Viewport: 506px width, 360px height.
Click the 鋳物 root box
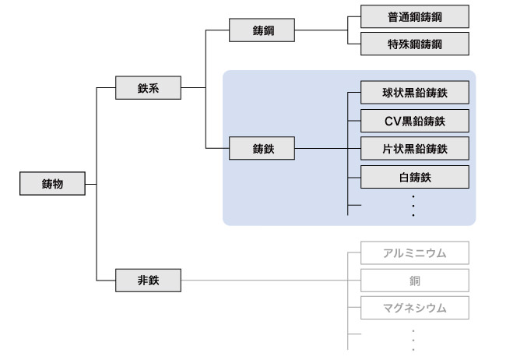[52, 185]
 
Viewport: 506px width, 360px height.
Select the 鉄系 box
[148, 88]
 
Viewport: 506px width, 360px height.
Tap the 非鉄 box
[148, 280]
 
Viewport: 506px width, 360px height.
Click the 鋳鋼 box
[262, 31]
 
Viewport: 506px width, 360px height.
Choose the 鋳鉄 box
[262, 148]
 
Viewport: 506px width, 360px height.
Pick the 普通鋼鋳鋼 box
[415, 16]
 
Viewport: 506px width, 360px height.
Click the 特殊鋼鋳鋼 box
[415, 44]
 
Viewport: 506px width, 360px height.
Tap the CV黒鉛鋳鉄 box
[415, 121]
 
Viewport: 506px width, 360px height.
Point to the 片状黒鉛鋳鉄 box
[415, 148]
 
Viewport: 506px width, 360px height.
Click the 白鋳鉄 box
[415, 176]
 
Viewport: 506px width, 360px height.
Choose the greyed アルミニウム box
[415, 252]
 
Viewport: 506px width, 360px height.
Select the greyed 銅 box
[415, 280]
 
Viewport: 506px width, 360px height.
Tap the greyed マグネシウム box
[415, 307]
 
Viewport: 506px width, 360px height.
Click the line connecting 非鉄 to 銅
[265, 280]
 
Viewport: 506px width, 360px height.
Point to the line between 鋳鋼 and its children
[319, 31]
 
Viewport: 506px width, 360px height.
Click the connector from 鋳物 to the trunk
[90, 185]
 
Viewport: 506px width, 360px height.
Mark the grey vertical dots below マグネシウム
[413, 339]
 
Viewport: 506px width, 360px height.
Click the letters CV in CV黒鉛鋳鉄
[392, 121]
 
